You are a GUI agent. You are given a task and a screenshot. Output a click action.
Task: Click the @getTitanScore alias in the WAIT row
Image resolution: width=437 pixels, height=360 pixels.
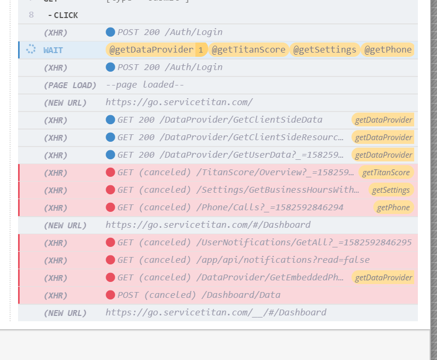[249, 50]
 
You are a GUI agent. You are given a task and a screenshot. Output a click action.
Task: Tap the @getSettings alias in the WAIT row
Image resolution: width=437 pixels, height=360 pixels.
[324, 50]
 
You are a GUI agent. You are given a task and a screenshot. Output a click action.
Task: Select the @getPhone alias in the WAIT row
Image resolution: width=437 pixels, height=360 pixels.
[388, 50]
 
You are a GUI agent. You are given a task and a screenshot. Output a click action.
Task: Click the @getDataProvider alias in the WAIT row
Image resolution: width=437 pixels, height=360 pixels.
[151, 50]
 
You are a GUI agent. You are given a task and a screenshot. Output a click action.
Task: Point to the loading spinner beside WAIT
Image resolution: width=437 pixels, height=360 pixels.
[31, 50]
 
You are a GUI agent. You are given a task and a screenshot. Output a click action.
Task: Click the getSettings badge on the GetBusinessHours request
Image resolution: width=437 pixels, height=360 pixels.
[391, 190]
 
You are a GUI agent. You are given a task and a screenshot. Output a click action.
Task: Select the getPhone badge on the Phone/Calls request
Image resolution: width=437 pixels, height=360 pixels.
[393, 208]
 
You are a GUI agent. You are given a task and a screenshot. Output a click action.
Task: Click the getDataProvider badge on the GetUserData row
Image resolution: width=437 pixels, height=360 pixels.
[383, 155]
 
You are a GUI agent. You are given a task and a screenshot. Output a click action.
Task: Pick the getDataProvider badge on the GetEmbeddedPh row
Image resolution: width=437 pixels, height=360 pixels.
[383, 278]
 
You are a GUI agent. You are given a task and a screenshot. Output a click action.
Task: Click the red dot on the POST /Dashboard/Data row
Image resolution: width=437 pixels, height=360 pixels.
[110, 295]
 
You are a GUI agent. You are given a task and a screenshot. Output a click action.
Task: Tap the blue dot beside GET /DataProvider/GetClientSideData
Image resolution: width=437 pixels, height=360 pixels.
[110, 120]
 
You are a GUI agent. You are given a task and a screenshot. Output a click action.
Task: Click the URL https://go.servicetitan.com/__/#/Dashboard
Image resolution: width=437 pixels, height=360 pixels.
[216, 313]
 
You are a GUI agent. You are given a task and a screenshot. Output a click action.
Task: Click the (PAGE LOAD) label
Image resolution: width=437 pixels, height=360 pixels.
[70, 85]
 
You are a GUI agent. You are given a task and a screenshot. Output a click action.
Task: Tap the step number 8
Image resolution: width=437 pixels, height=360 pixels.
[31, 15]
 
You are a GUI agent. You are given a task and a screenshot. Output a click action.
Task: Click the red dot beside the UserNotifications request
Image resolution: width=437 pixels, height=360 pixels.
[110, 243]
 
